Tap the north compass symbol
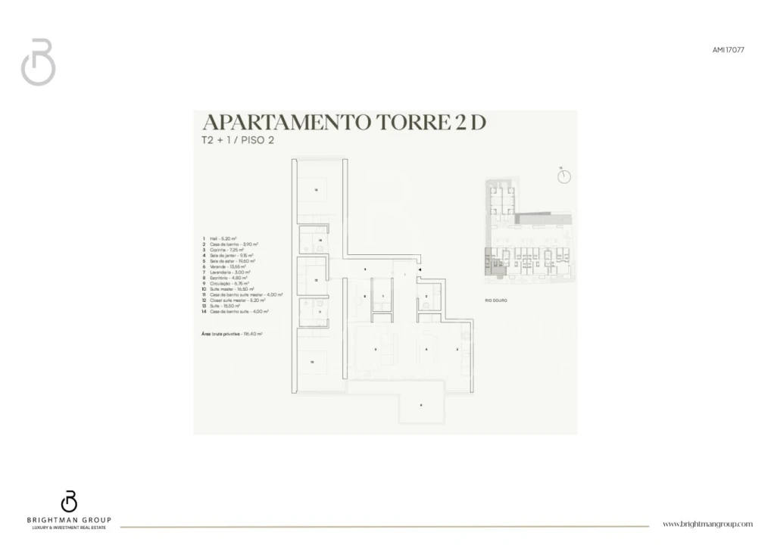coord(563,176)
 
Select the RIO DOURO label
coord(496,301)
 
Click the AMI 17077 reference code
coord(728,49)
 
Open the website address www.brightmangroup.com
coord(707,524)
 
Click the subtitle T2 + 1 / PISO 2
coord(237,141)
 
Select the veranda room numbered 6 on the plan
coord(420,406)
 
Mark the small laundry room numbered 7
coord(383,296)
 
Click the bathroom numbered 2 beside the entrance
coord(426,296)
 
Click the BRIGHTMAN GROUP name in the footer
coord(69,519)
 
